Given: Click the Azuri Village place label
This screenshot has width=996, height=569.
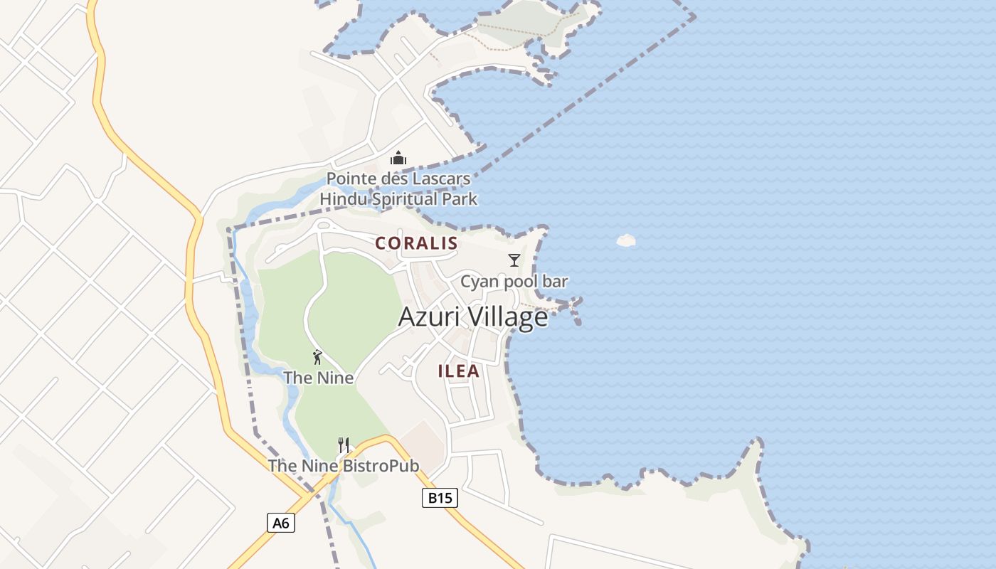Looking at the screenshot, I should click(473, 317).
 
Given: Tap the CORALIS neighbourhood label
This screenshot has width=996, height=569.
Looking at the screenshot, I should click(417, 243).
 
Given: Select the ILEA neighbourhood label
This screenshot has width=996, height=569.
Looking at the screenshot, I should click(459, 371).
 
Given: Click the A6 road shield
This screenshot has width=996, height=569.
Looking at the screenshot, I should click(281, 523).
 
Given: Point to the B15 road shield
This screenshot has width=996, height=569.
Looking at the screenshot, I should click(439, 498).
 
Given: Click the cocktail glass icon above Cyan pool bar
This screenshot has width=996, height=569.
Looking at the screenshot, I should click(514, 260).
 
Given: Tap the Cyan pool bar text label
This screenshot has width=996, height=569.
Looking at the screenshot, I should click(514, 282).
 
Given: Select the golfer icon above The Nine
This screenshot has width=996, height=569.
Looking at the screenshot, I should click(317, 357).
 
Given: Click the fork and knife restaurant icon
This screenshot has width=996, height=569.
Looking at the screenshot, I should click(343, 446).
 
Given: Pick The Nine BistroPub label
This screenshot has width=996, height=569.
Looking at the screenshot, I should click(343, 466).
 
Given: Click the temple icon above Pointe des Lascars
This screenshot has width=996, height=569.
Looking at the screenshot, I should click(398, 158).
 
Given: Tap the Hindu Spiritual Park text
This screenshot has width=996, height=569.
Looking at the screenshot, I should click(398, 199).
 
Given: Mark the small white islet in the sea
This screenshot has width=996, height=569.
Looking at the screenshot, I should click(625, 240).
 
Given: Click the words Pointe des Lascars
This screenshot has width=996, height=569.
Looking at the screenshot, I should click(398, 179).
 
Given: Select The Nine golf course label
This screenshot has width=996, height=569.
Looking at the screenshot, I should click(318, 378).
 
